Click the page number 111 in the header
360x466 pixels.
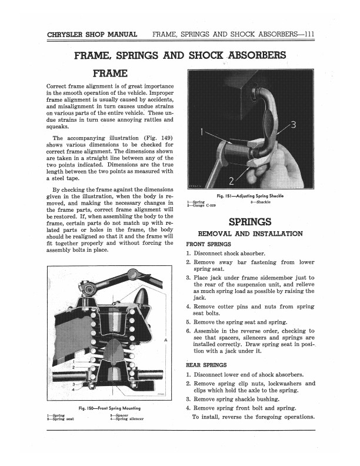[x=306, y=34]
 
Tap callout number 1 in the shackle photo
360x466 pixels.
[x=201, y=131]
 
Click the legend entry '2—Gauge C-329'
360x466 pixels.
[x=203, y=207]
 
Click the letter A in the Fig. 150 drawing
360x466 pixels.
[x=165, y=341]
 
